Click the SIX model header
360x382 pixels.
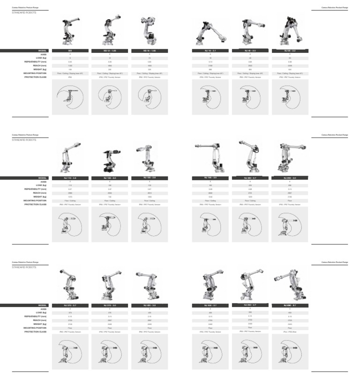point(70,50)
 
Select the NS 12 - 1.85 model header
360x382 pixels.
point(110,50)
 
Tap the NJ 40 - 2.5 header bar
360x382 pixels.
point(250,50)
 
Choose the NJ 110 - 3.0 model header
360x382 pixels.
point(70,178)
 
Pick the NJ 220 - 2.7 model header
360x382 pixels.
point(250,178)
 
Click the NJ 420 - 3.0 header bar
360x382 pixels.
point(149,305)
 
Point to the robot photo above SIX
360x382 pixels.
point(70,31)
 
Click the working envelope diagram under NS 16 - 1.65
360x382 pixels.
point(149,97)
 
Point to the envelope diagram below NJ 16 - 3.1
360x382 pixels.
point(210,97)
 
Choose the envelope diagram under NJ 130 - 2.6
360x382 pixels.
point(149,225)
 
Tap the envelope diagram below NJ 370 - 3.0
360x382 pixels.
point(110,352)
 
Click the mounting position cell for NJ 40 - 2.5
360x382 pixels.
point(250,73)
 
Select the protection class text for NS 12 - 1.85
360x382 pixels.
point(110,77)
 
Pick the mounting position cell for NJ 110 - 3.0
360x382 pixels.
point(70,201)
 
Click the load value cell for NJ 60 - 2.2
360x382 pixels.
point(290,58)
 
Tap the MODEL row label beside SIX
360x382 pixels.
point(43,50)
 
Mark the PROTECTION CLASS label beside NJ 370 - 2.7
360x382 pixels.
point(36,332)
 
